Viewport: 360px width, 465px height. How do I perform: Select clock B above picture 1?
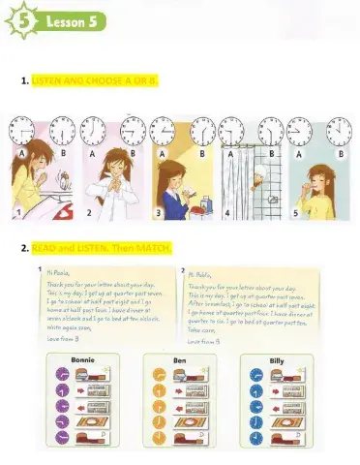click(59, 129)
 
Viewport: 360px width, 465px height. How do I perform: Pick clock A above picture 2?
click(93, 129)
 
